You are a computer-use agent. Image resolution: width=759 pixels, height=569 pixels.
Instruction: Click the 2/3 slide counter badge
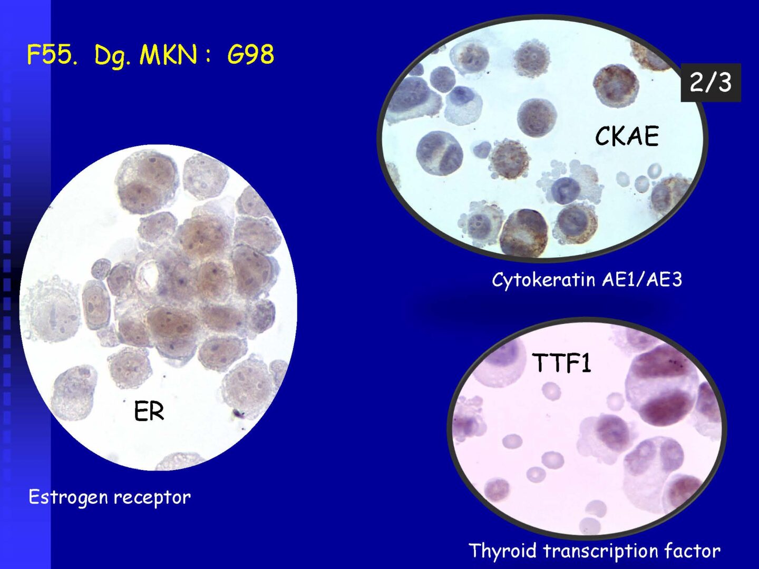pyautogui.click(x=711, y=83)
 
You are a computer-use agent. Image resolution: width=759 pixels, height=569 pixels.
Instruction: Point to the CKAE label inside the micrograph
pyautogui.click(x=627, y=136)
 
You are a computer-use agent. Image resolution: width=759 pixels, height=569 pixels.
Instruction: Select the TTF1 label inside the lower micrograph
pyautogui.click(x=561, y=362)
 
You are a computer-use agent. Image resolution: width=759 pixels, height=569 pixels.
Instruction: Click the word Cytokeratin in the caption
pyautogui.click(x=544, y=279)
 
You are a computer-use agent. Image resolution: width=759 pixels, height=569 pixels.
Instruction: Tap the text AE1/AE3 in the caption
pyautogui.click(x=642, y=279)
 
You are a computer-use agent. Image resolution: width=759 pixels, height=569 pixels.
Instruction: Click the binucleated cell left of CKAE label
pyautogui.click(x=439, y=153)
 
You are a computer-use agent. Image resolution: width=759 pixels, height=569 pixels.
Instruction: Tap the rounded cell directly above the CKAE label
pyautogui.click(x=537, y=117)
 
